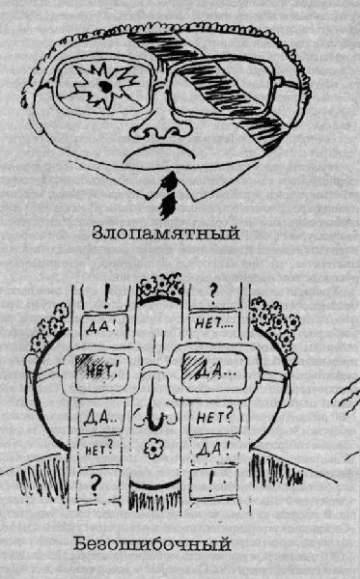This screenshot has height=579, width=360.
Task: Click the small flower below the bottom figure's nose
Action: tap(154, 450)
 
